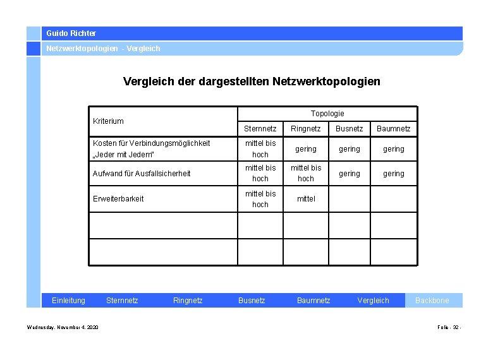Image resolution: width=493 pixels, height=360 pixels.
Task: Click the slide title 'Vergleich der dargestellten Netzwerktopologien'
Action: click(x=252, y=81)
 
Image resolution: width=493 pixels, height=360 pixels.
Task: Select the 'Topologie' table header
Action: click(x=327, y=113)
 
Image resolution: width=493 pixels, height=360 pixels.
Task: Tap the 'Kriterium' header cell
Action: click(x=109, y=121)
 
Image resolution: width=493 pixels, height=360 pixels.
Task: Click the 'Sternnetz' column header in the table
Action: click(x=260, y=129)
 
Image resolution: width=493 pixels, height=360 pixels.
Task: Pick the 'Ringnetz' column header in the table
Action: click(x=306, y=129)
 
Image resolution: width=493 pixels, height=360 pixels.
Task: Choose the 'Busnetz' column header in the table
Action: click(x=350, y=129)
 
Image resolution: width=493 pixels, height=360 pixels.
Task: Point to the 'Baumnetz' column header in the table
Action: click(x=394, y=129)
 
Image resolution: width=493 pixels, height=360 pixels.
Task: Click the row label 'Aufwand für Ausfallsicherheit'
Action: click(x=142, y=173)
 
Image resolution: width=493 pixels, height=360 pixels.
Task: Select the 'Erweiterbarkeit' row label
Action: click(x=118, y=198)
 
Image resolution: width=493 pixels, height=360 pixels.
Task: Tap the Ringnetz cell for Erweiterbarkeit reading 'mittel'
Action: click(x=306, y=198)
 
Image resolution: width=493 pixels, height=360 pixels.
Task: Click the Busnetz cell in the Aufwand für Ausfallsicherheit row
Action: click(x=350, y=173)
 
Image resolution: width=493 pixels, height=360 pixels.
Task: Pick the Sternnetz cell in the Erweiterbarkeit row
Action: click(x=260, y=198)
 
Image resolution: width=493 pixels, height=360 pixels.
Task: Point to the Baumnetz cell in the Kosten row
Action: click(x=394, y=148)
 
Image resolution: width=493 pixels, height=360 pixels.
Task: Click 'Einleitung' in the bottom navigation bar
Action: click(x=68, y=301)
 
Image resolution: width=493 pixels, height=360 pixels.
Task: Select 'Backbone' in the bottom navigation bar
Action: click(x=432, y=301)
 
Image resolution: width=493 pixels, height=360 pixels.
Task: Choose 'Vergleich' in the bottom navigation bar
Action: click(x=374, y=301)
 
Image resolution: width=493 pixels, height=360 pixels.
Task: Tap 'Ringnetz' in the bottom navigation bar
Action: click(x=188, y=301)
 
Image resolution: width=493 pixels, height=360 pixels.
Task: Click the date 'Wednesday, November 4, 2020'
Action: click(x=63, y=327)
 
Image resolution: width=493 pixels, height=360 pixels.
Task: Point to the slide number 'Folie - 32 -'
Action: click(x=449, y=327)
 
